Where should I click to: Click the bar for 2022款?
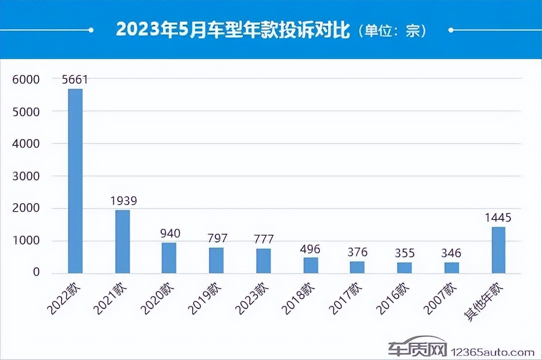(x=75, y=181)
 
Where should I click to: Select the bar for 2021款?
(x=123, y=242)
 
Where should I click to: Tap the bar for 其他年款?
(x=498, y=250)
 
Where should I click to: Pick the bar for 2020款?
(x=169, y=258)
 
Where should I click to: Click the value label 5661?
(x=75, y=79)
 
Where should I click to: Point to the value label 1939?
(x=123, y=201)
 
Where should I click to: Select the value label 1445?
(x=498, y=217)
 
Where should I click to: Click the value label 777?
(x=264, y=239)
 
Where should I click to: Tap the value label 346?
(x=451, y=253)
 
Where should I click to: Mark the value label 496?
(x=310, y=248)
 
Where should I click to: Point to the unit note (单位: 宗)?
(x=391, y=31)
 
